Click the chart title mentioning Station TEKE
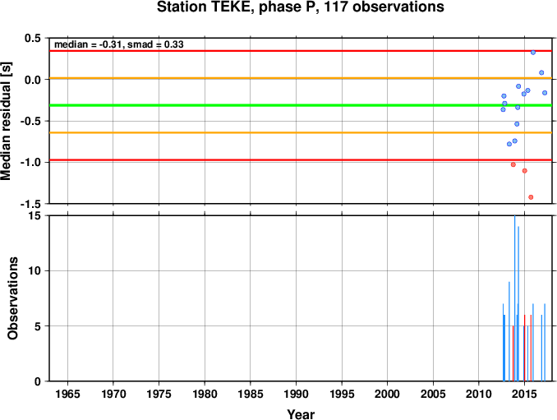click(300, 7)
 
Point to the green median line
click(302, 105)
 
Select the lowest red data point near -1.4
click(531, 197)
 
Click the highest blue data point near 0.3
click(533, 53)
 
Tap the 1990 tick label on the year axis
click(297, 394)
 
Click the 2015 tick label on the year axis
click(524, 394)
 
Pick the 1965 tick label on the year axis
click(67, 394)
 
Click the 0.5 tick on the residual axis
click(33, 38)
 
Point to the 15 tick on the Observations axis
click(35, 215)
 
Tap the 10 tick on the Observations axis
click(35, 270)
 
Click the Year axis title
click(301, 414)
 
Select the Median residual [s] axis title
click(6, 121)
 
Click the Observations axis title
click(13, 298)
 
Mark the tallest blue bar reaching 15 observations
click(515, 298)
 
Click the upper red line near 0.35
click(302, 51)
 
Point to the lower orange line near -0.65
click(302, 132)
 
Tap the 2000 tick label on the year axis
click(388, 394)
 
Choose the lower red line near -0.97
click(302, 160)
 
